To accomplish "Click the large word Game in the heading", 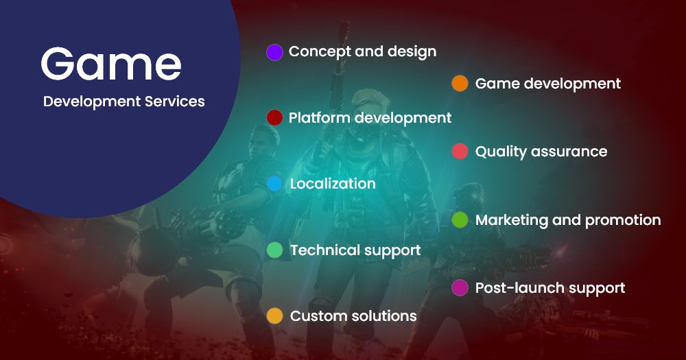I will click(x=111, y=64).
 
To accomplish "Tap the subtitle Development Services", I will click(x=123, y=101).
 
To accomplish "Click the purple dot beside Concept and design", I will click(x=274, y=52).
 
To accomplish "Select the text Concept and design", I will click(x=362, y=51).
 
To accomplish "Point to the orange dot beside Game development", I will click(x=460, y=84).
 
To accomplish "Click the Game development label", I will click(x=547, y=84).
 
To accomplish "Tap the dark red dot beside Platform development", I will click(x=274, y=118).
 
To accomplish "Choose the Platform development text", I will click(x=370, y=118).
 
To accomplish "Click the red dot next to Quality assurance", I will click(x=460, y=152).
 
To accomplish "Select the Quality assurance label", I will click(x=541, y=152).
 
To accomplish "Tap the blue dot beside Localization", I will click(x=274, y=184).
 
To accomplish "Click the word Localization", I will click(x=333, y=184).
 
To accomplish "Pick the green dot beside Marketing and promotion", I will click(x=460, y=220).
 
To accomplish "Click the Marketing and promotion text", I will click(x=567, y=220).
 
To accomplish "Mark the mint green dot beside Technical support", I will click(x=274, y=250).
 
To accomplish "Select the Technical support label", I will click(x=355, y=250).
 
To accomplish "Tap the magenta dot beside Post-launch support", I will click(x=460, y=288).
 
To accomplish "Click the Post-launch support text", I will click(x=549, y=288).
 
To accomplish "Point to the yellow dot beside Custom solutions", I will click(x=274, y=316).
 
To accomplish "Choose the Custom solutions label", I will click(x=353, y=316).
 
